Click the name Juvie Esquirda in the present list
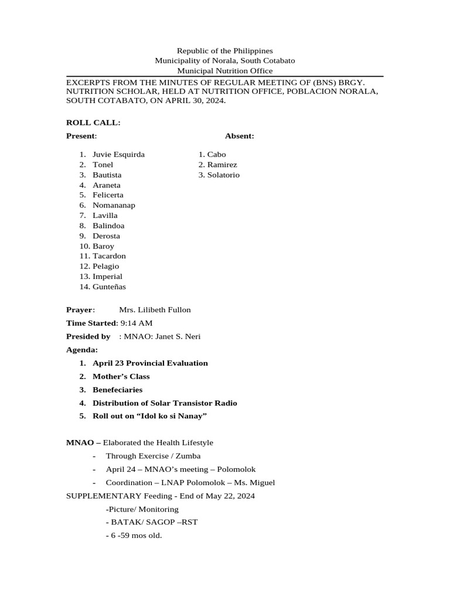tap(118, 155)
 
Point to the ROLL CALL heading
tap(93, 122)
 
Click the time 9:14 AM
tap(136, 323)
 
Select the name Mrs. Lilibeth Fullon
tap(155, 310)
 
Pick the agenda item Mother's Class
tap(121, 376)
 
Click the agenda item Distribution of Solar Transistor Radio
tap(165, 403)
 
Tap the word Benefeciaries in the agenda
tap(117, 390)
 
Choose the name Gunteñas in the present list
tap(109, 287)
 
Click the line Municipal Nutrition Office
tap(225, 70)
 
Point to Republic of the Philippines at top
tap(225, 51)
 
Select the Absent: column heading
tap(239, 136)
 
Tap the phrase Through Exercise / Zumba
tap(153, 456)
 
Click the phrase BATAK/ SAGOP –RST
tap(152, 522)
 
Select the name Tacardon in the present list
tap(109, 256)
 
